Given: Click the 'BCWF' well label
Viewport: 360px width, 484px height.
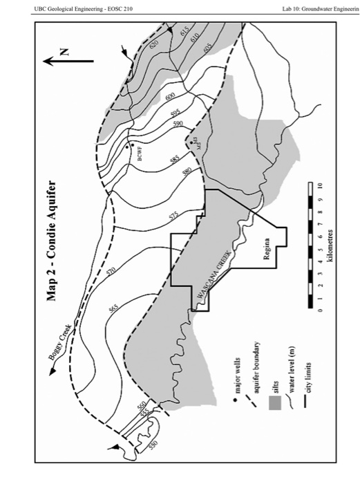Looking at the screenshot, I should [x=138, y=155].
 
